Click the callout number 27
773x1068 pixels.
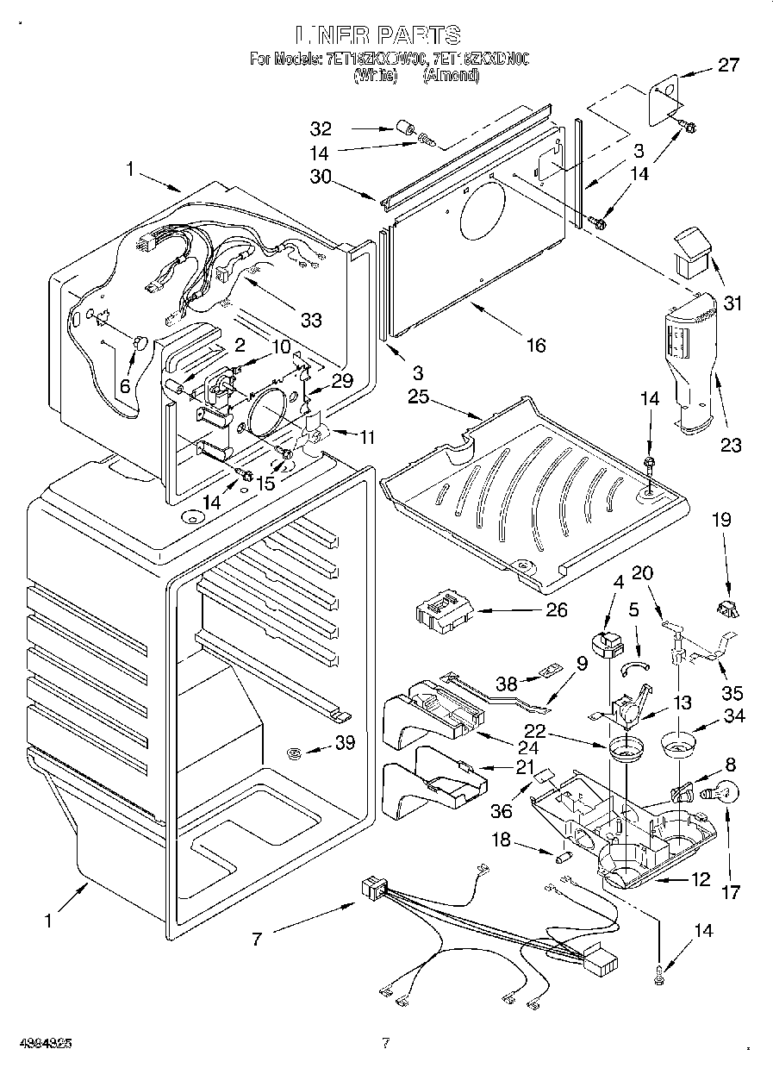(728, 66)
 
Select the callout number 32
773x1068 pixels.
(321, 129)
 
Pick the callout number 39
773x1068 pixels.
(345, 743)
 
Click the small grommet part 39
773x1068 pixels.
(294, 754)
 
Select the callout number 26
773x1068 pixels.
(557, 609)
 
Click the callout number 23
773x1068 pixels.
(731, 446)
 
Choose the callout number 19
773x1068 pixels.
(721, 520)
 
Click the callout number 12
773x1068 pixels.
(700, 880)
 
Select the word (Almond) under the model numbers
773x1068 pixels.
(450, 76)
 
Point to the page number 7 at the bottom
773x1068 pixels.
(385, 1043)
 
